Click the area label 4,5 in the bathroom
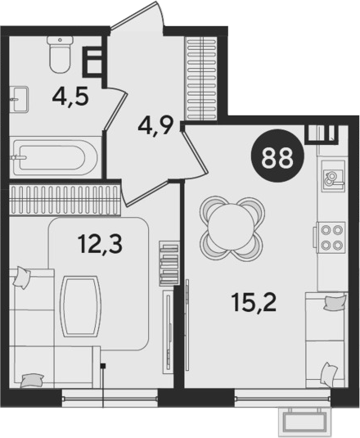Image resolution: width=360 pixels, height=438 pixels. click(x=70, y=97)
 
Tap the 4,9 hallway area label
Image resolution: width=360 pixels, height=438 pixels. click(x=156, y=126)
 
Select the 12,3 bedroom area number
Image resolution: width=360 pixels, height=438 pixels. click(x=100, y=244)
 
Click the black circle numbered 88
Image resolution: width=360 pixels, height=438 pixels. click(x=277, y=156)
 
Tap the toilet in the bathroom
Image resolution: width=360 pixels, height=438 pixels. click(x=60, y=55)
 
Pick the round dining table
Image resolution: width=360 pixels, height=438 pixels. click(x=232, y=228)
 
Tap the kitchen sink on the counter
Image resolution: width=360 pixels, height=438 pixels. click(x=334, y=176)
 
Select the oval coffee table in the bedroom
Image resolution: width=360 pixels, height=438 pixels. click(x=80, y=306)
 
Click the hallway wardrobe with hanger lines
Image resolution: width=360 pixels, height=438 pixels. click(x=201, y=79)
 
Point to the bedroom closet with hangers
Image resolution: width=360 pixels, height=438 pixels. click(x=65, y=201)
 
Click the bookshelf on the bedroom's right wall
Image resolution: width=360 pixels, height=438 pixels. click(x=169, y=263)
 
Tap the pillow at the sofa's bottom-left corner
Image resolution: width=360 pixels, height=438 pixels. click(x=33, y=381)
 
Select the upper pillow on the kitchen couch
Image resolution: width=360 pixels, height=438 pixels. click(x=335, y=303)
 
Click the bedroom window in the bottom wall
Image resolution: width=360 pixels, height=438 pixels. click(x=110, y=398)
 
